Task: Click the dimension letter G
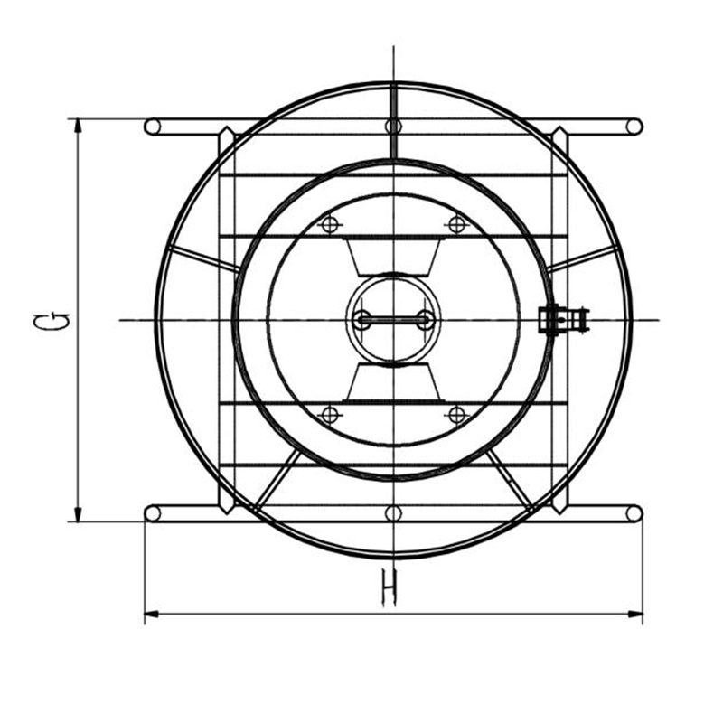52,321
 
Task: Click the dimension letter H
390,588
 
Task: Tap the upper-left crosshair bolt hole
330,224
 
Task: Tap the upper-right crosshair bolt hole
456,224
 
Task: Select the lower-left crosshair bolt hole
330,415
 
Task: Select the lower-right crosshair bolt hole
456,415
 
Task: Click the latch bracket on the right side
563,319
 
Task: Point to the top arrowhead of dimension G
78,125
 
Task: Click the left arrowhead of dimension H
152,614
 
